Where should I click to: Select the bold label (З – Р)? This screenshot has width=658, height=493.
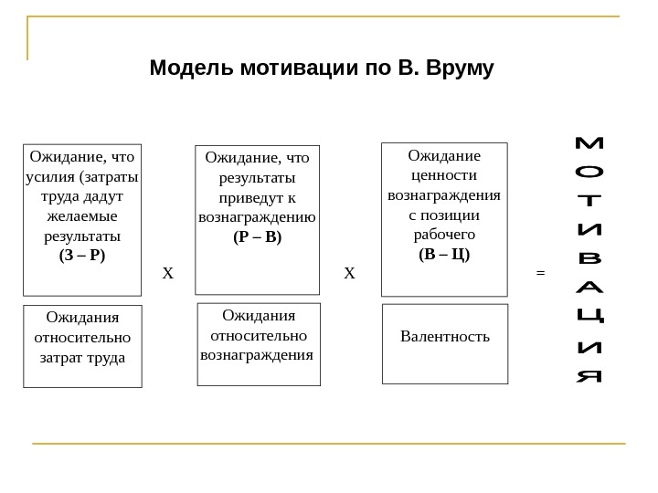coord(82,255)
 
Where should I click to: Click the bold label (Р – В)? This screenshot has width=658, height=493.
coord(258,236)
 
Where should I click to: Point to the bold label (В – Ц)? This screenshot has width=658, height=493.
coord(444,253)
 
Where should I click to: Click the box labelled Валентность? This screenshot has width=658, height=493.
coord(444,343)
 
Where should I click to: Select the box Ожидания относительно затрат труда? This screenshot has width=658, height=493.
coord(82,347)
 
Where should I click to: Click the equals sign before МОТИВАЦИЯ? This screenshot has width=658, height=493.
coord(539,272)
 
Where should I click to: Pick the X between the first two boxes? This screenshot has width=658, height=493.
coord(166,272)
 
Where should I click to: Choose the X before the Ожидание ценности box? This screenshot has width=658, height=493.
coord(348,272)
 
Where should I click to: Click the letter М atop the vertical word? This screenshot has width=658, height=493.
coord(591,144)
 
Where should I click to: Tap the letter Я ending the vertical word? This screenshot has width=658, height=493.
coord(591,375)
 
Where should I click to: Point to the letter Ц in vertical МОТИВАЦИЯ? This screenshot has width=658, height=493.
coord(591,317)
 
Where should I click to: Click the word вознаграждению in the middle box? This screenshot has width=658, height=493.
coord(258,217)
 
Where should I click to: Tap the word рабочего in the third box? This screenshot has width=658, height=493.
coord(444,234)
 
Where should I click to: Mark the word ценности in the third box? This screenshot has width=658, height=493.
coord(444,174)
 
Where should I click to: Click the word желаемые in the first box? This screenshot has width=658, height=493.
coord(82,215)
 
